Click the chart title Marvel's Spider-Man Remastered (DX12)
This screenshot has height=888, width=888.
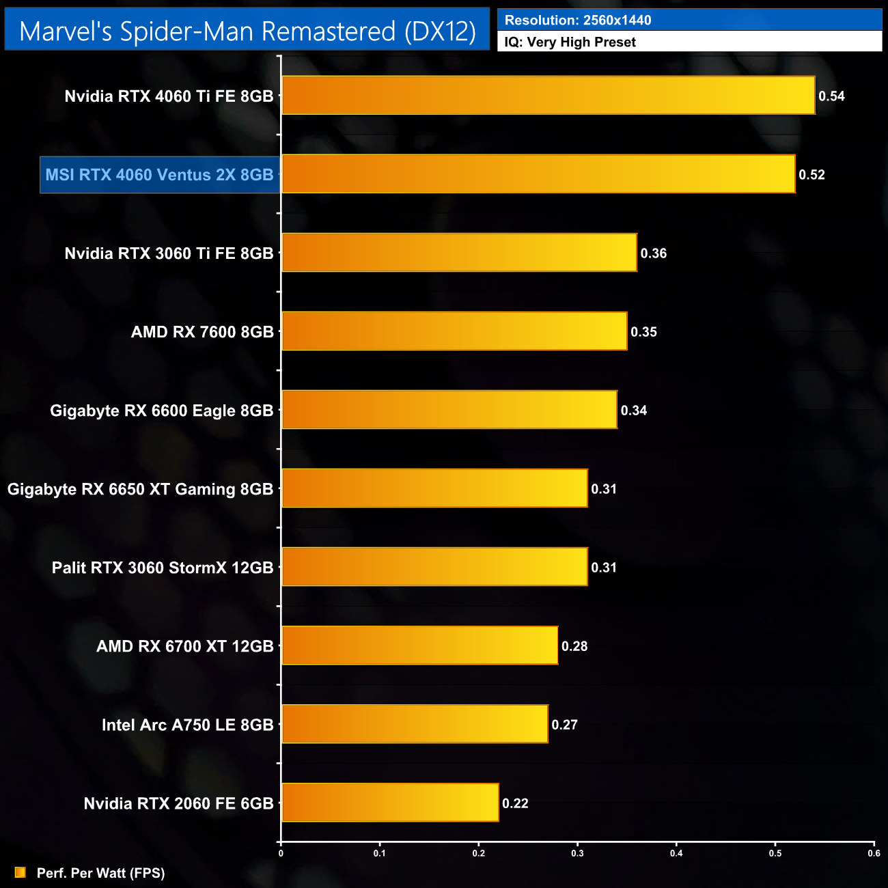pyautogui.click(x=247, y=31)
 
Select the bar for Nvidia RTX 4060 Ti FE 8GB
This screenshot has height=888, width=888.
pyautogui.click(x=548, y=96)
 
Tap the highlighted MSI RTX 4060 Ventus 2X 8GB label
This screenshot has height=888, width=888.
pyautogui.click(x=159, y=175)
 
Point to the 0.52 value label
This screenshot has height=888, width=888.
pyautogui.click(x=811, y=175)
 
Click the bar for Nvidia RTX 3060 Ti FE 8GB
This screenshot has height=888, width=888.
pyautogui.click(x=459, y=253)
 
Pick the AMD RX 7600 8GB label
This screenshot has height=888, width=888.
pyautogui.click(x=202, y=332)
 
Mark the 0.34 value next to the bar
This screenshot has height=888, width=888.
pyautogui.click(x=633, y=411)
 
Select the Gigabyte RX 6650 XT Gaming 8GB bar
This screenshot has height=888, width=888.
pyautogui.click(x=434, y=488)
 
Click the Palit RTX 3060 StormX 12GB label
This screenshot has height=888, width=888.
pyautogui.click(x=163, y=568)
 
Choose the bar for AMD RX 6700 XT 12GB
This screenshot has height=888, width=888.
pyautogui.click(x=419, y=646)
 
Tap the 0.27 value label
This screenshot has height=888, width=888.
pyautogui.click(x=564, y=725)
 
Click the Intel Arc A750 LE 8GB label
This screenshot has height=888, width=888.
pyautogui.click(x=187, y=725)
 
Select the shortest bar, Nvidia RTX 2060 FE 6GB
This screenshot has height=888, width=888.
pyautogui.click(x=390, y=803)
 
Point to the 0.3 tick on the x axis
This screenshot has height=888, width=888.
pyautogui.click(x=578, y=853)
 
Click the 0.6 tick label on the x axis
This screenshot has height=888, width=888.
pyautogui.click(x=874, y=853)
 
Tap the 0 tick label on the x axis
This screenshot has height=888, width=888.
pyautogui.click(x=281, y=853)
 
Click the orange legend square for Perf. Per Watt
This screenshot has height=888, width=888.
pyautogui.click(x=20, y=872)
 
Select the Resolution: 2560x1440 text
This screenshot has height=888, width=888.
pyautogui.click(x=578, y=20)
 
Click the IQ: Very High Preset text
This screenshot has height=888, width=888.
pyautogui.click(x=570, y=42)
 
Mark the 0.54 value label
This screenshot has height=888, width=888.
pyautogui.click(x=831, y=96)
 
